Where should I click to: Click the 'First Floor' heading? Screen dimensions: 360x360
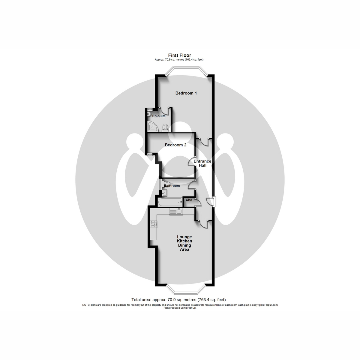coord(179,55)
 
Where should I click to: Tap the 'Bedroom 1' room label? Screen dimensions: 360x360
coord(186,93)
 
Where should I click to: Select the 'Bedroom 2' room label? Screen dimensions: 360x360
coord(175,145)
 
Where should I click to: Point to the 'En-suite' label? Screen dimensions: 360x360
coord(159,116)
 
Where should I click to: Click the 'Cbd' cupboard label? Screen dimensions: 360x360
coord(189,200)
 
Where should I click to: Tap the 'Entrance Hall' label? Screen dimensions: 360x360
coord(202,163)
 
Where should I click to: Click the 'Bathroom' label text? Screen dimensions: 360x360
coord(172,186)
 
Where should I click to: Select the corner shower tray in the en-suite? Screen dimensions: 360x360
coord(153,126)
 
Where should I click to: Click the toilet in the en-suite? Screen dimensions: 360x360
coord(165,128)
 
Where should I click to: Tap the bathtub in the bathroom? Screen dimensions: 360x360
coord(170,202)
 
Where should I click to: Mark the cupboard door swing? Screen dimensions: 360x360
coord(198,202)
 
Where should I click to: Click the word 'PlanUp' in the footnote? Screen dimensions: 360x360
coord(192,308)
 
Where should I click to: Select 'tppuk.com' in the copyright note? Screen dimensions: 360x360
coord(272,305)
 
